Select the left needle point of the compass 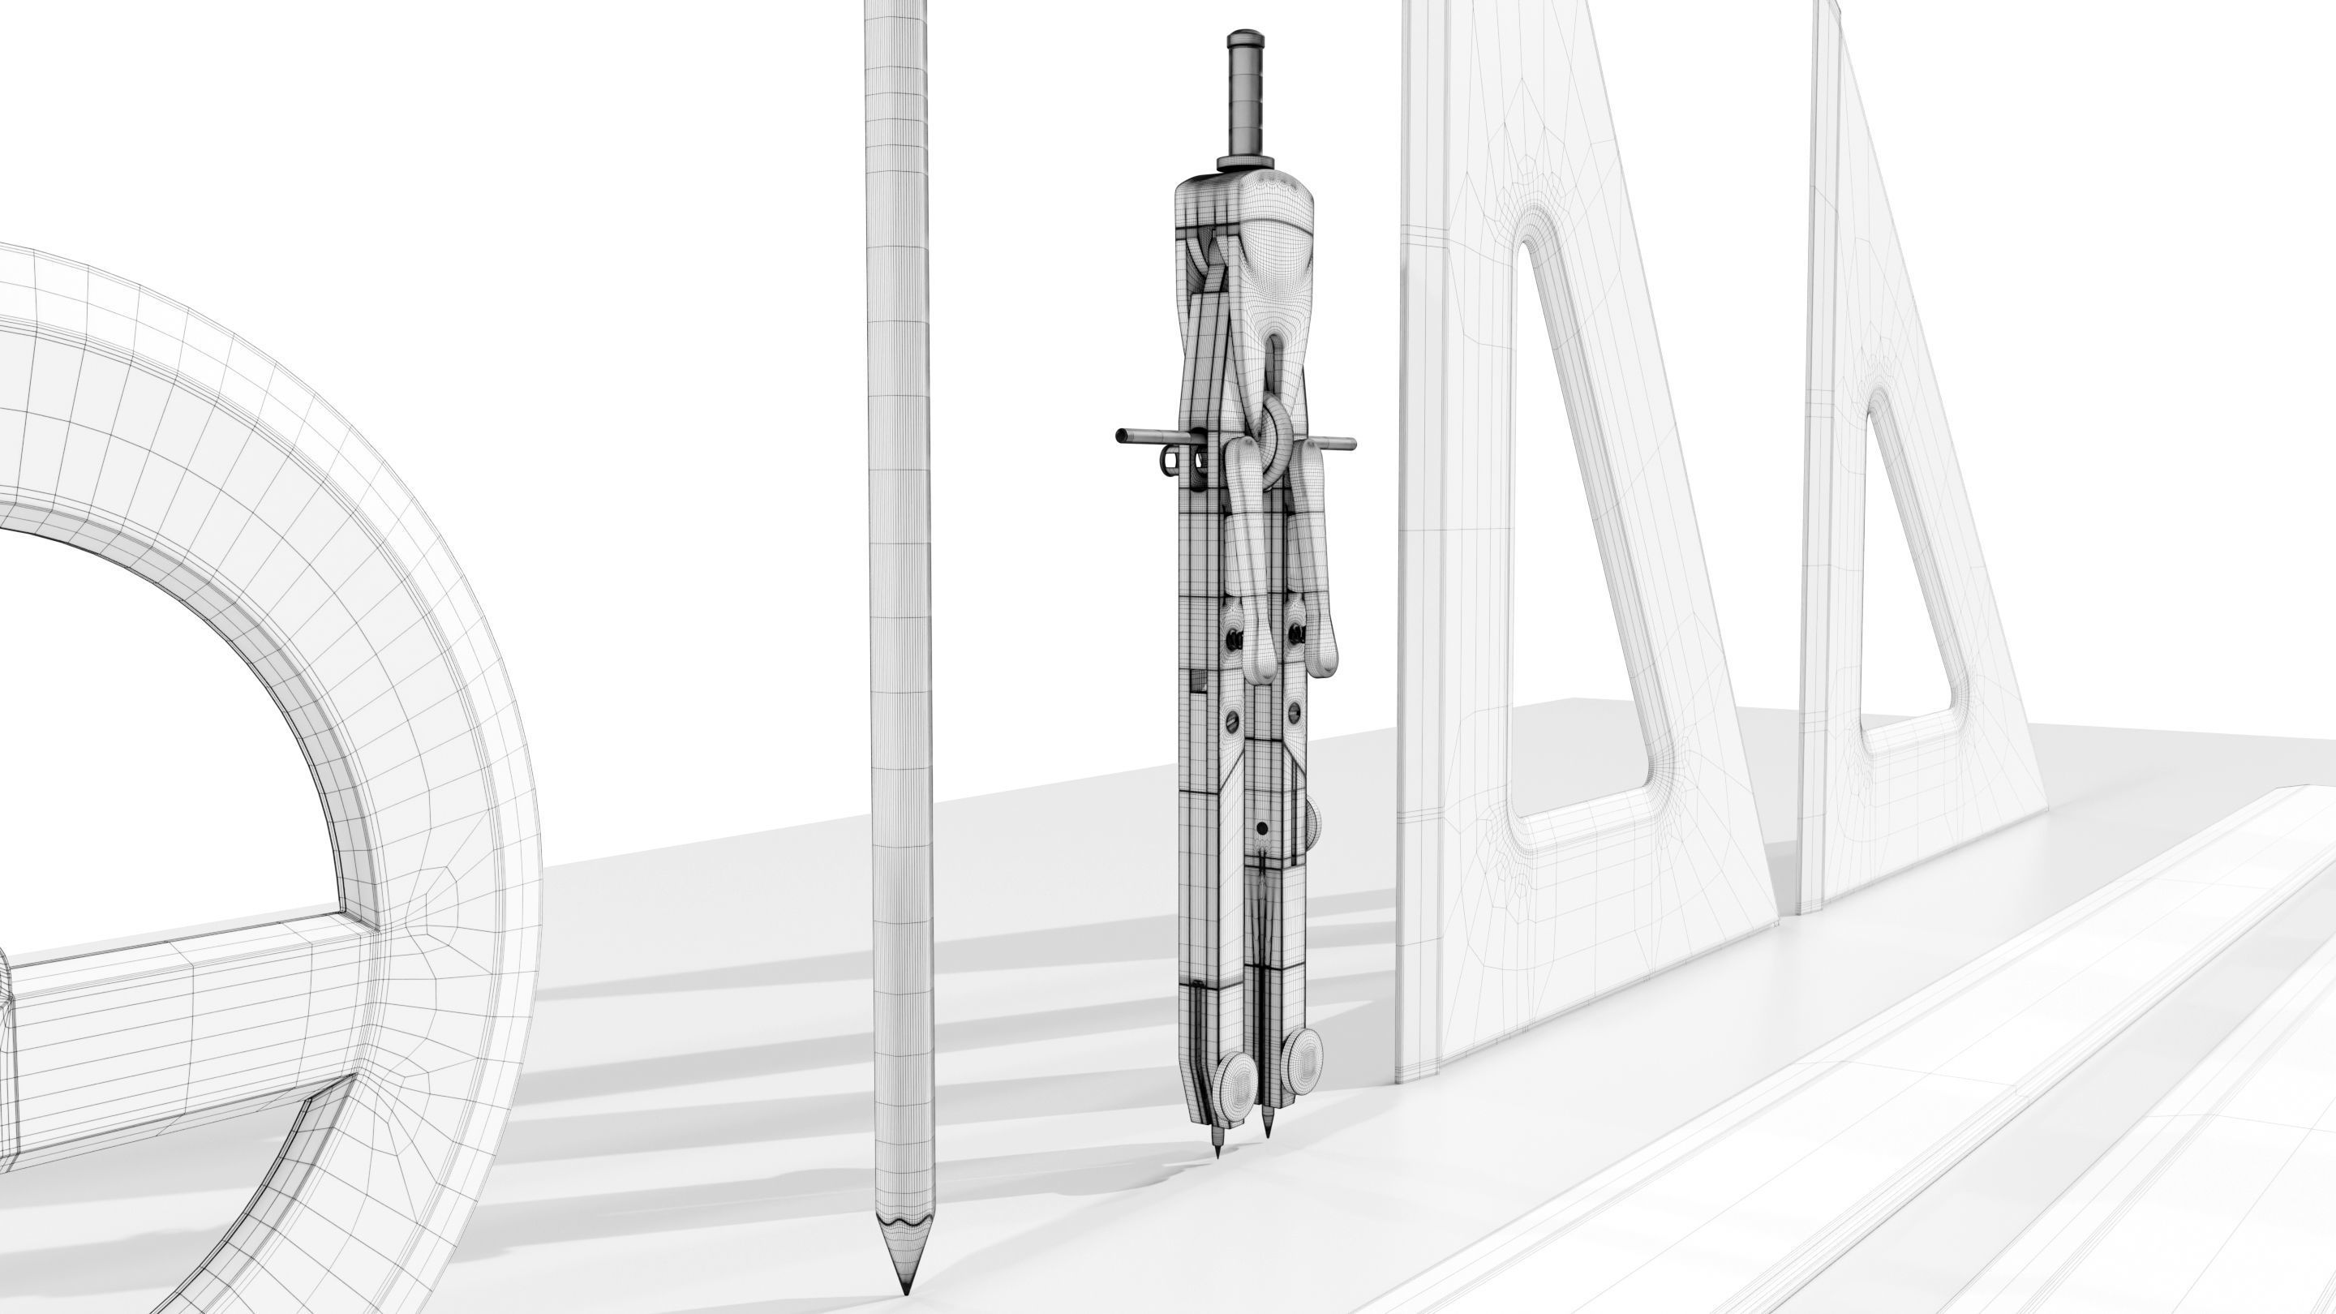[x=1217, y=1153]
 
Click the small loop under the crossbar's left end [x=1169, y=463]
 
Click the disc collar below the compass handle [x=1245, y=163]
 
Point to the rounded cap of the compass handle [x=1245, y=38]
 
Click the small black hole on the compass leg [x=1261, y=829]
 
